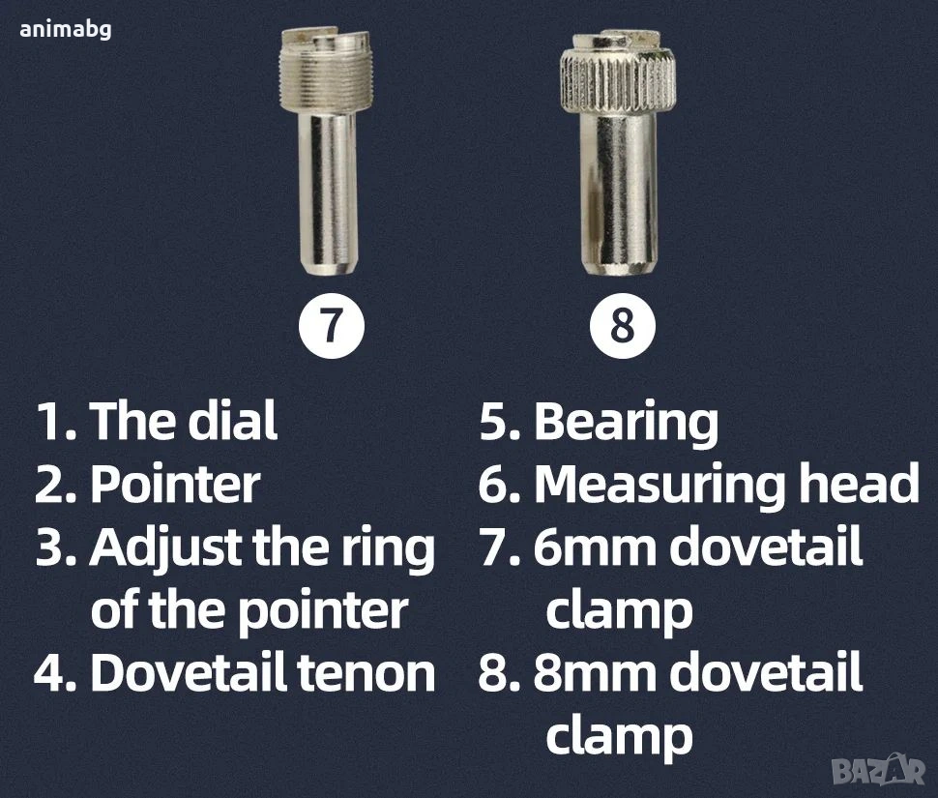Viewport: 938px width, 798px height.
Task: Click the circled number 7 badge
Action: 332,326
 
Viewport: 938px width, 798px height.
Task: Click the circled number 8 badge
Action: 623,326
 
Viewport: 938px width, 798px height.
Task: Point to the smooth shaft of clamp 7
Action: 327,192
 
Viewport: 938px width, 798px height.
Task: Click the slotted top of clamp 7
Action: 327,40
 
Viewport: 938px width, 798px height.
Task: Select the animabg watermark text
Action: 65,29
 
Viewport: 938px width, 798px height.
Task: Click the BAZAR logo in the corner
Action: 879,771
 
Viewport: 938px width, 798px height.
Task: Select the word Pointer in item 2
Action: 175,484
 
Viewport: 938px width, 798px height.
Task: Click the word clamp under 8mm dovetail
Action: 620,736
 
